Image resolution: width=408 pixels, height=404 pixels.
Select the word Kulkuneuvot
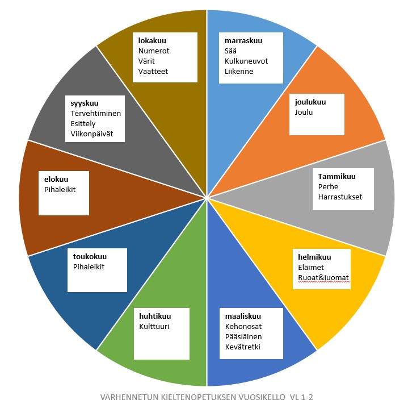[246, 61]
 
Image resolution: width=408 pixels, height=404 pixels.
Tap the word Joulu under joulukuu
[304, 112]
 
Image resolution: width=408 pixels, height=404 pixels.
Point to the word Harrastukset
[340, 197]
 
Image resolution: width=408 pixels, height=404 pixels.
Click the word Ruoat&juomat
[324, 278]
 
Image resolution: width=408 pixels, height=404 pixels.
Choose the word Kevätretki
[242, 347]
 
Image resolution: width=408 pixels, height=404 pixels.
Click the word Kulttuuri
[154, 326]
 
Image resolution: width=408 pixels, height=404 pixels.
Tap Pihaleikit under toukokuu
[89, 266]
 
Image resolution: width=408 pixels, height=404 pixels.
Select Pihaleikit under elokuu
[60, 189]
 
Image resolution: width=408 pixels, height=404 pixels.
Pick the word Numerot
[154, 51]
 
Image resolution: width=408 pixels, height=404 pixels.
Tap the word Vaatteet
[153, 71]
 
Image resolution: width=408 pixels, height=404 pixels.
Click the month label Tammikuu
[337, 176]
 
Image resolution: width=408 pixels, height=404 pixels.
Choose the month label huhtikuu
[155, 316]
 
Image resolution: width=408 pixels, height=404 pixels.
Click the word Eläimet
[311, 267]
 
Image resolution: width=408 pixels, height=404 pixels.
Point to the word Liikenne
[239, 71]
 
